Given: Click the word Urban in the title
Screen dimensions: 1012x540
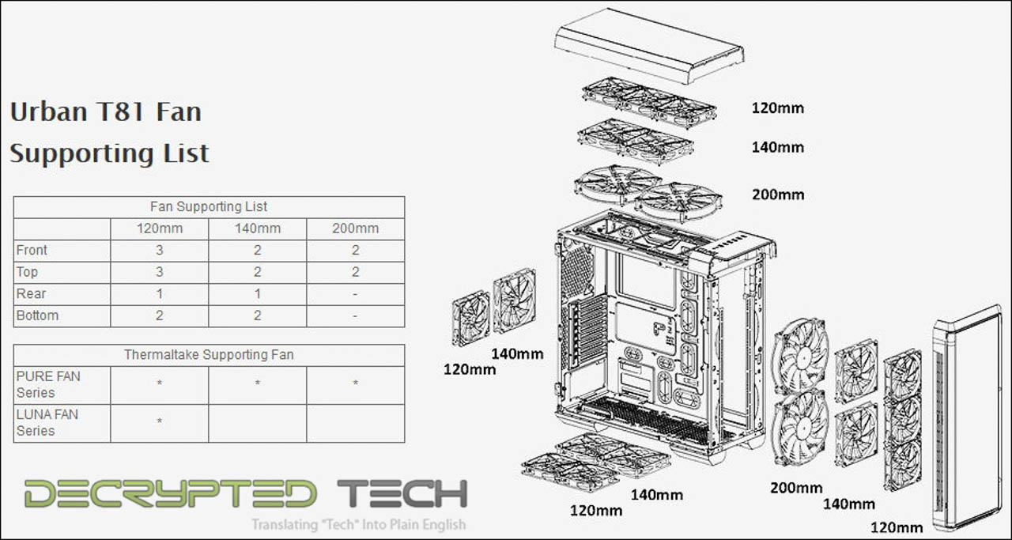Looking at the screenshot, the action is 48,111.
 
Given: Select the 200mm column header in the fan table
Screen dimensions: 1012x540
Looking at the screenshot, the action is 356,228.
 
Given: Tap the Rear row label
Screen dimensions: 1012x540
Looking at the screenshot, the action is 31,294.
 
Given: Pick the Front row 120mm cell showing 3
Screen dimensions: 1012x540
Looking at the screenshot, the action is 160,251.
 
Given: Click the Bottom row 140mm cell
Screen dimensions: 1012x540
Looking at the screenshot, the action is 258,315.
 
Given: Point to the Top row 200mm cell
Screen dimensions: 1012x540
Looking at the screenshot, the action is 356,272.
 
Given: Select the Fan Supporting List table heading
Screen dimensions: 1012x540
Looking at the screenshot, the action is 209,206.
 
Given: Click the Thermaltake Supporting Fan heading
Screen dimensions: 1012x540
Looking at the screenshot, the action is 209,355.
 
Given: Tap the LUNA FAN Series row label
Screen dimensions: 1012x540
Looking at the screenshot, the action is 47,422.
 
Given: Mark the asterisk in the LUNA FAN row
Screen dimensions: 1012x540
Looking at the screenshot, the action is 160,421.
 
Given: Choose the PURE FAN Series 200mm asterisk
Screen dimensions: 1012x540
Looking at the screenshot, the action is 356,383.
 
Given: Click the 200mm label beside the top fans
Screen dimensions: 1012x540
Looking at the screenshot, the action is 778,194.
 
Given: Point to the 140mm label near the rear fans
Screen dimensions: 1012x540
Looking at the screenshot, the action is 517,354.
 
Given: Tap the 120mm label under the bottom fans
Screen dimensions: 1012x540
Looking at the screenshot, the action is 596,511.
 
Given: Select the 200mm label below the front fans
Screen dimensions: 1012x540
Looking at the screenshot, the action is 796,488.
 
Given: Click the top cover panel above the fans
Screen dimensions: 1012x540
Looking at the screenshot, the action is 649,45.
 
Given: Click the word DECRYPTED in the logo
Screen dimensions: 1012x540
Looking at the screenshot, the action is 170,493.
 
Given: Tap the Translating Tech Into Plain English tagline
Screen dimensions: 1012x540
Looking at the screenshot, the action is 358,525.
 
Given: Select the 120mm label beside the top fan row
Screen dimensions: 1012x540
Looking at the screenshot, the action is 777,108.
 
